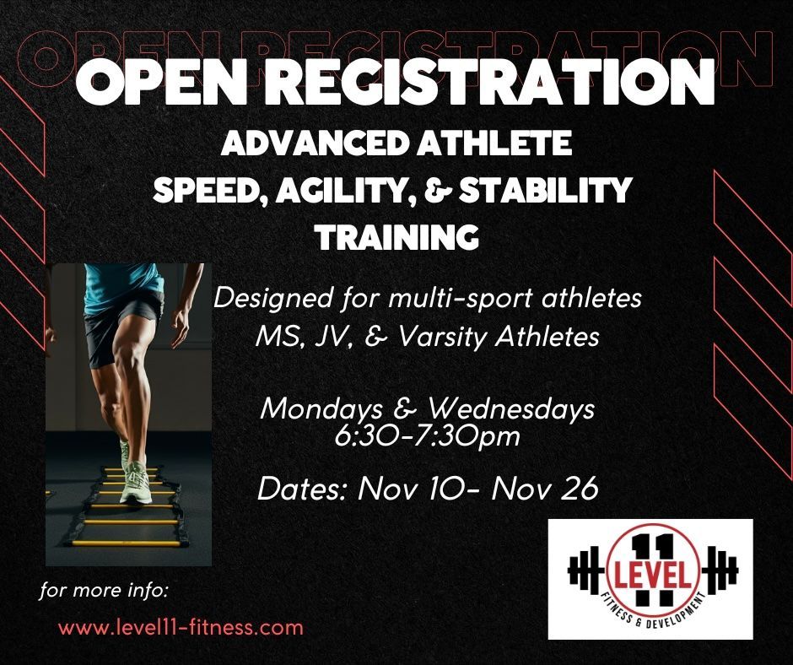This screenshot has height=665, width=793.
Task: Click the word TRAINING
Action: coord(397,237)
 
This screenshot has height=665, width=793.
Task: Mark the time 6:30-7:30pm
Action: coord(427,437)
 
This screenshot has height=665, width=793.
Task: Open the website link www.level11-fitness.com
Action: coord(181,628)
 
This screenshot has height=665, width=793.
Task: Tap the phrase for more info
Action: coord(104,591)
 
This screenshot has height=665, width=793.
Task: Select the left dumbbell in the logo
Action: coord(587,570)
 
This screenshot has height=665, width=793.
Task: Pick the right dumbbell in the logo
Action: coord(718,570)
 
